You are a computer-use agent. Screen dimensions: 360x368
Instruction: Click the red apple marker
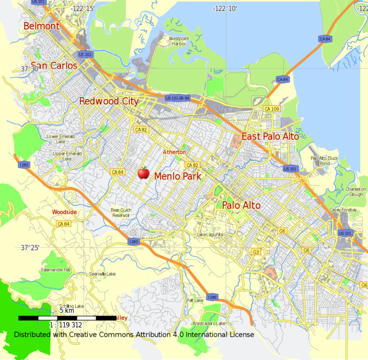tap(143, 172)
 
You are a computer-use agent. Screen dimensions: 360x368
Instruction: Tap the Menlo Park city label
tap(177, 177)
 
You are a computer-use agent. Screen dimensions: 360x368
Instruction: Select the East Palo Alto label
tap(270, 136)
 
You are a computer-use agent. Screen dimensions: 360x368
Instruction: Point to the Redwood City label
tap(108, 101)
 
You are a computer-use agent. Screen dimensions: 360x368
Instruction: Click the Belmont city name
tap(42, 26)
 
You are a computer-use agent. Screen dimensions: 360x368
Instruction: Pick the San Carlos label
tap(54, 66)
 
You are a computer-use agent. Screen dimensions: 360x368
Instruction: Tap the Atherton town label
tap(174, 152)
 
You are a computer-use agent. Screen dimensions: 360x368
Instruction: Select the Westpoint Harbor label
tap(177, 41)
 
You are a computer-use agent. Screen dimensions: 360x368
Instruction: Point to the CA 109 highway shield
tap(271, 109)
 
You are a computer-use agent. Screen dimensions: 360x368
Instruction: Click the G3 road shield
tap(256, 252)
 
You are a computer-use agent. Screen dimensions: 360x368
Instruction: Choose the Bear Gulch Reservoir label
tap(120, 213)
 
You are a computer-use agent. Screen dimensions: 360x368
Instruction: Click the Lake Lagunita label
tap(210, 235)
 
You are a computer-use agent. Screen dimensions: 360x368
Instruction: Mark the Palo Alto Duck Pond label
tap(324, 160)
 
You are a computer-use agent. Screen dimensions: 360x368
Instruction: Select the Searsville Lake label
tap(103, 274)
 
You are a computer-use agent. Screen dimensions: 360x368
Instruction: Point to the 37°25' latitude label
tap(30, 247)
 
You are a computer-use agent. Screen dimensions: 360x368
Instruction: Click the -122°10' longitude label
tap(225, 9)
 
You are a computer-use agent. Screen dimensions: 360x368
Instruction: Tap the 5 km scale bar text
tap(67, 311)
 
